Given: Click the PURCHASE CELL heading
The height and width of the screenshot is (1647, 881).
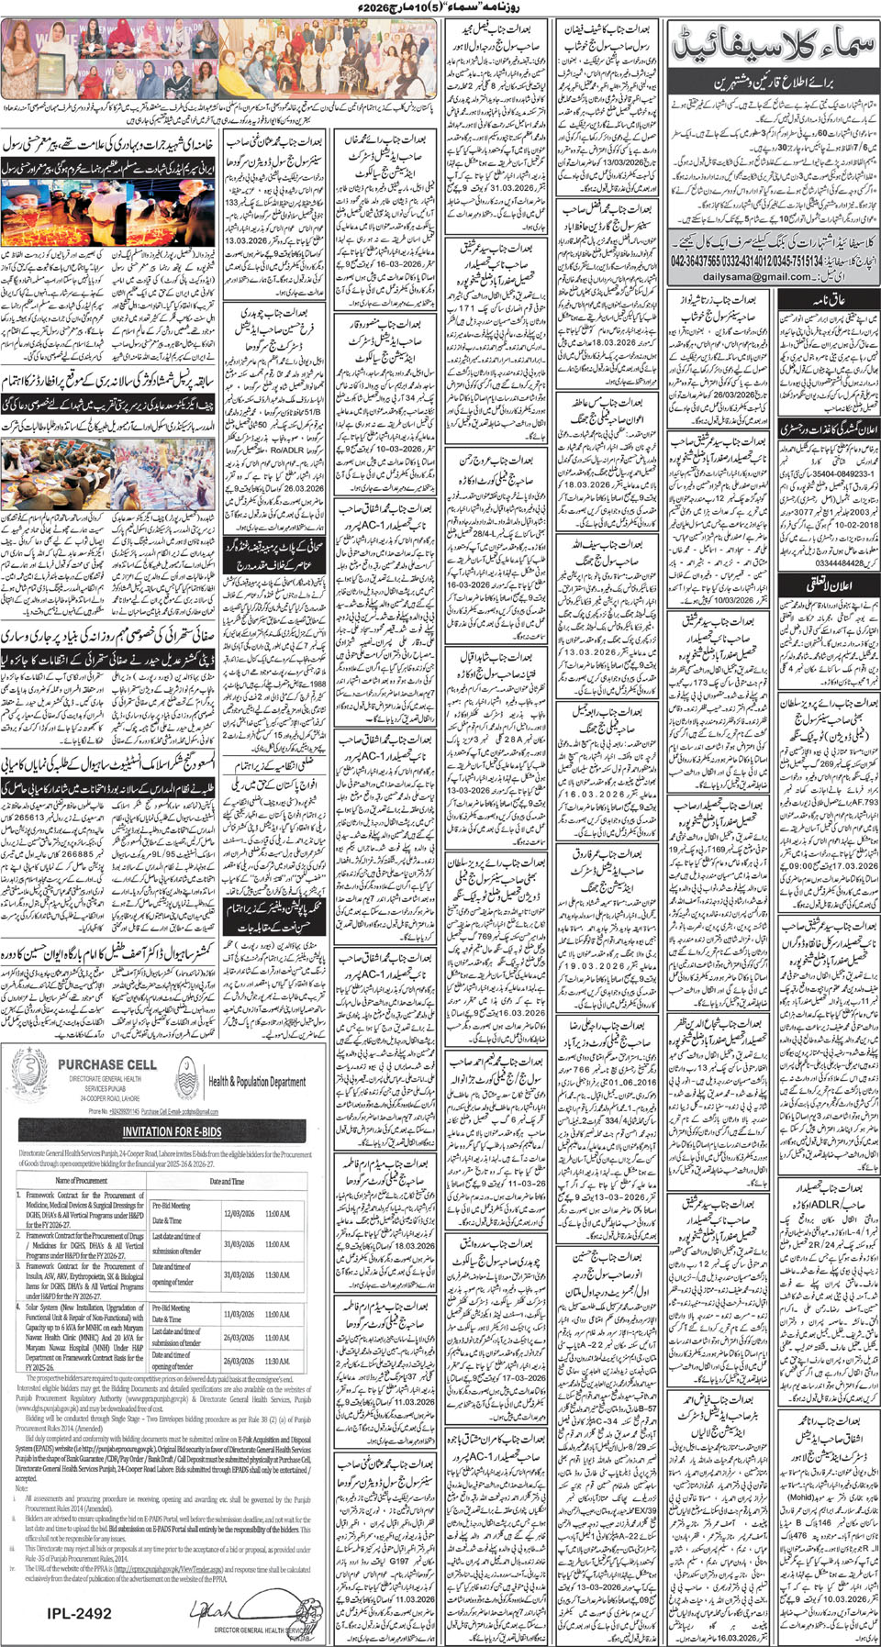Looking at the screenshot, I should [x=106, y=1064].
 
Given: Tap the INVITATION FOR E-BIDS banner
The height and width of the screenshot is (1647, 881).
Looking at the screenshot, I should [x=162, y=1131].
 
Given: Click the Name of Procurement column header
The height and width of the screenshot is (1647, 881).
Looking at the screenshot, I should [x=82, y=1181].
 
